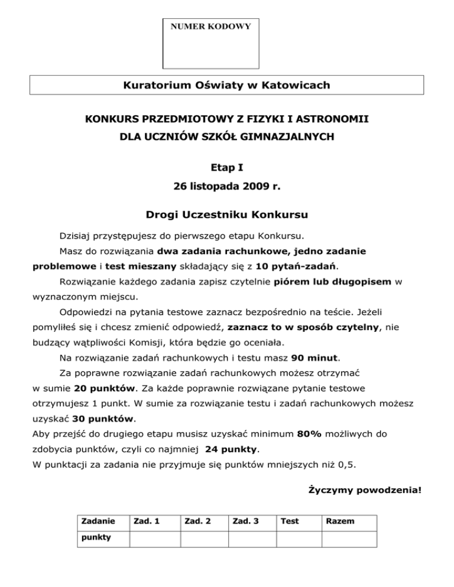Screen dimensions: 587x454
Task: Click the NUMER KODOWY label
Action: [x=210, y=27]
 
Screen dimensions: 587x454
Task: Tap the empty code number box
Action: [x=210, y=50]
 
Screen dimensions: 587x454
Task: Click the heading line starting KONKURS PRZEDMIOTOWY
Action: [x=227, y=119]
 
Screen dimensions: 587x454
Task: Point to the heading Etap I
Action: [x=227, y=167]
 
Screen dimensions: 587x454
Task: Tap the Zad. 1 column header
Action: [x=145, y=521]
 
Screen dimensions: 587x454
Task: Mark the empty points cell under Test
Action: [x=299, y=539]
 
